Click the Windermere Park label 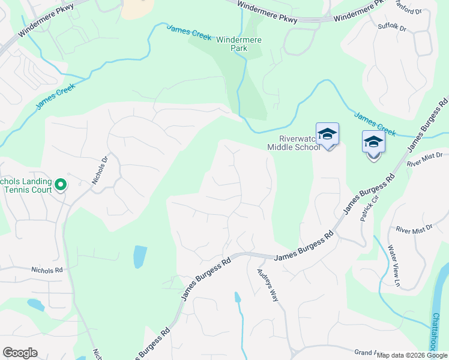pyautogui.click(x=240, y=44)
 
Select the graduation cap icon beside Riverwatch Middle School pyautogui.click(x=327, y=134)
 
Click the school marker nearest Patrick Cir pyautogui.click(x=373, y=143)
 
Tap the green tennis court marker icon pyautogui.click(x=61, y=185)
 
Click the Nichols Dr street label pyautogui.click(x=99, y=170)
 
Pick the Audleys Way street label pyautogui.click(x=268, y=284)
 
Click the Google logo pyautogui.click(x=20, y=353)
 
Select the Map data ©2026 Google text pyautogui.click(x=412, y=355)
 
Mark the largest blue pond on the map pyautogui.click(x=139, y=257)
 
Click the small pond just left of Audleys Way pyautogui.click(x=238, y=297)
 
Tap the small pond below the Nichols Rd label pyautogui.click(x=35, y=305)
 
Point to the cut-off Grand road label pyautogui.click(x=366, y=352)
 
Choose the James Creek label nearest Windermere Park pyautogui.click(x=189, y=32)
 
